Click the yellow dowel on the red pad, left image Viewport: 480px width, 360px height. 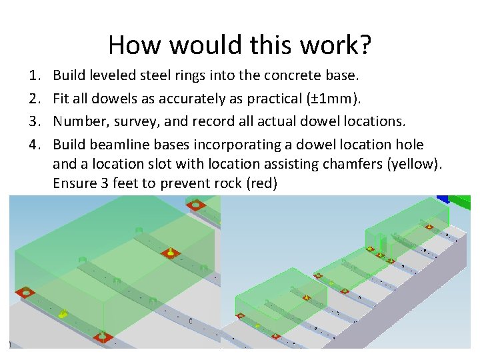[x=171, y=253]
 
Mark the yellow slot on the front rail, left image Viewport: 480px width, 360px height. [x=63, y=313]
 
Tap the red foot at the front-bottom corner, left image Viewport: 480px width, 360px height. [x=102, y=337]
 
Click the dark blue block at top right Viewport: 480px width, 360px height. [x=442, y=198]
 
